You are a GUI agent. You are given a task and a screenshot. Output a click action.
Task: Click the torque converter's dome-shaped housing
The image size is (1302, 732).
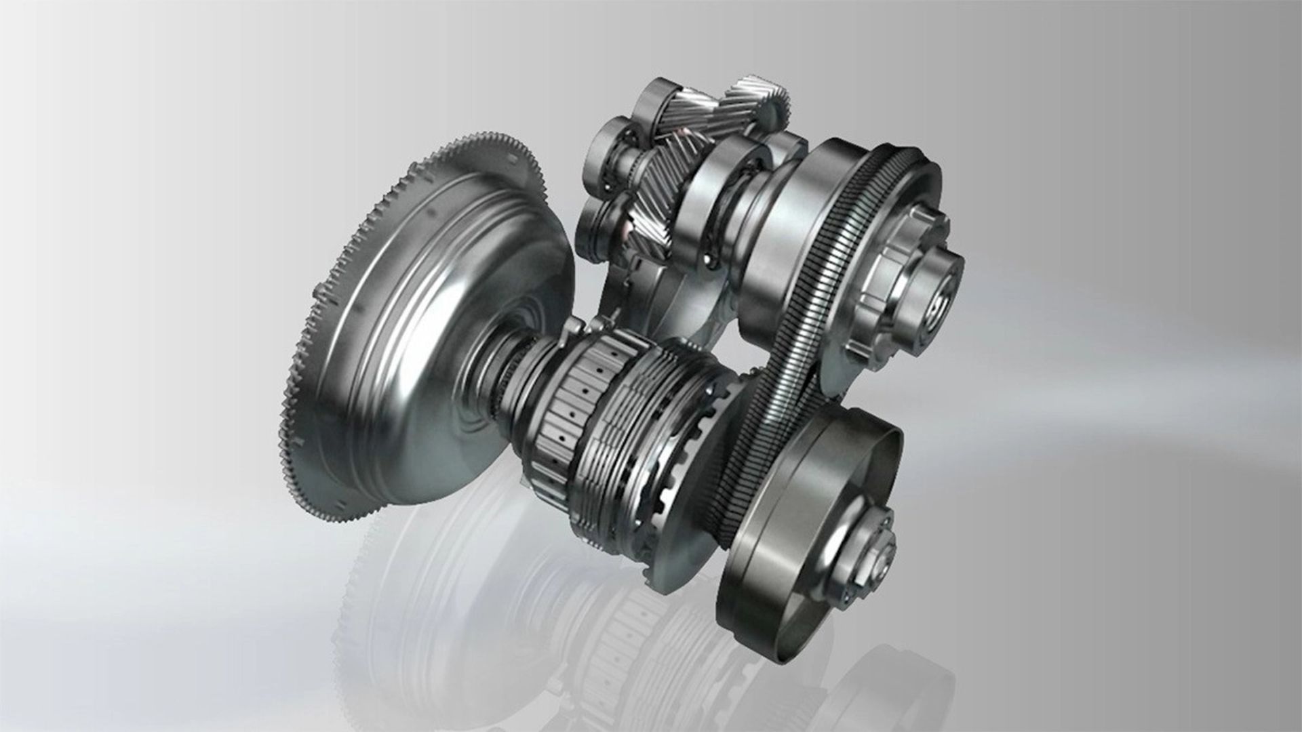(x=434, y=325)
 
